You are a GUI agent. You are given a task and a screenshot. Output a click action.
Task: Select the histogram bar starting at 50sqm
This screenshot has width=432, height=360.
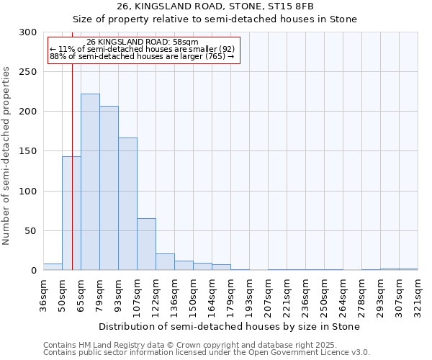tap(71, 213)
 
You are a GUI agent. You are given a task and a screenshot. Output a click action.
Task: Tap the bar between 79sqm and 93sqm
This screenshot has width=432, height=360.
tap(109, 188)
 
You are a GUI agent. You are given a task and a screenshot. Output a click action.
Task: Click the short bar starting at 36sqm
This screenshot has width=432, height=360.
tap(53, 267)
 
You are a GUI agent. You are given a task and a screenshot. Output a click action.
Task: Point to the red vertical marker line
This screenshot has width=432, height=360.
tap(73, 166)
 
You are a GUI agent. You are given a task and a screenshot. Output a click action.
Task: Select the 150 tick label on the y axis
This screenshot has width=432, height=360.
tap(28, 151)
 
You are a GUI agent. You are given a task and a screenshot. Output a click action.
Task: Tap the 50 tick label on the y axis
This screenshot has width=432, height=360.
tap(31, 231)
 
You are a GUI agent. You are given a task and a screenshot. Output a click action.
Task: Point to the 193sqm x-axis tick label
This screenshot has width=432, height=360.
tap(249, 295)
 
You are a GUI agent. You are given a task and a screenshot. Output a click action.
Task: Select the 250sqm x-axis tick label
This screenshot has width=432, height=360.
tap(324, 295)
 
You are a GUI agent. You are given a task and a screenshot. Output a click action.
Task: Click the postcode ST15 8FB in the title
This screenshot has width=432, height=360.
tap(292, 6)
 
